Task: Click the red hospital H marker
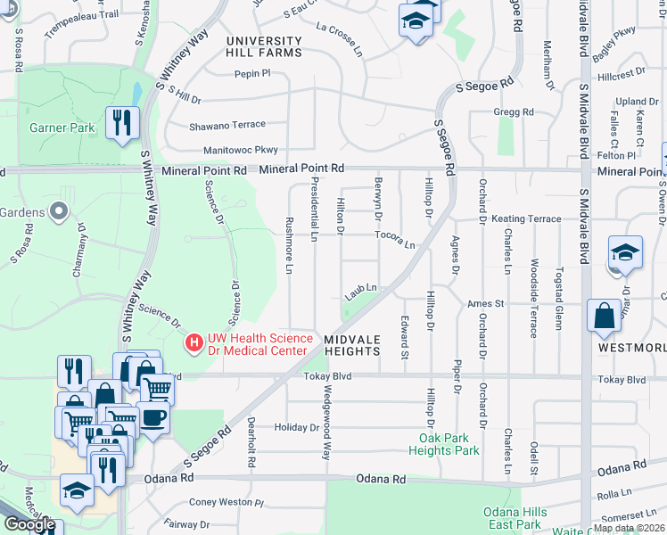click(x=193, y=342)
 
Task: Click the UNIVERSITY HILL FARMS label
click(x=264, y=46)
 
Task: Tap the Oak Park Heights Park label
click(x=450, y=444)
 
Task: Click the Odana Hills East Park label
click(x=512, y=518)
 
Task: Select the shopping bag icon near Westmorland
click(x=605, y=315)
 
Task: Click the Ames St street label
click(x=487, y=303)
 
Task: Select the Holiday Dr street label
click(x=296, y=428)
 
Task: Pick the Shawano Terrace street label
click(x=226, y=126)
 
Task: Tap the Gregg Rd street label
click(x=514, y=112)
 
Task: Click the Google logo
click(x=29, y=524)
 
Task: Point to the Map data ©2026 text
click(x=630, y=528)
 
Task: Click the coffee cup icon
click(x=152, y=416)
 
